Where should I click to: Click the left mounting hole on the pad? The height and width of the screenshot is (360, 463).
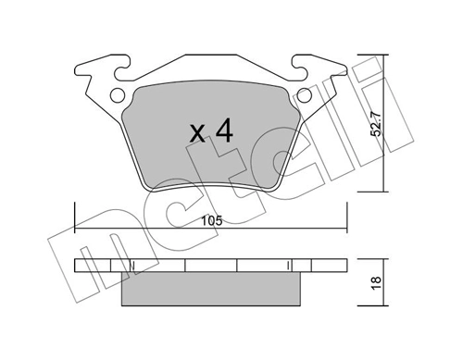[116, 95]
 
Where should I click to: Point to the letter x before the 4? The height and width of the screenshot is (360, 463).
[197, 135]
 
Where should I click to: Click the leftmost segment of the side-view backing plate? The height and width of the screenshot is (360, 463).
[92, 267]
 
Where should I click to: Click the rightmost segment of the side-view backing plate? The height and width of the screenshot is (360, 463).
[324, 267]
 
